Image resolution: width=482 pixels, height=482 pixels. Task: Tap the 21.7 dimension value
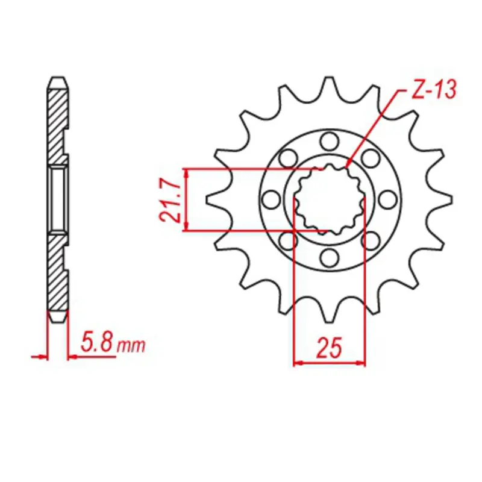click(x=171, y=199)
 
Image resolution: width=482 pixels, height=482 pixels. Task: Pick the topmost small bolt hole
click(x=329, y=142)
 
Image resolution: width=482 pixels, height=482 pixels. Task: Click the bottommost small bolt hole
click(x=329, y=258)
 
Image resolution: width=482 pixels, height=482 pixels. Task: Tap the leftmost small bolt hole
click(x=271, y=199)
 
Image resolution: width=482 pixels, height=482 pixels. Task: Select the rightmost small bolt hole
click(x=387, y=199)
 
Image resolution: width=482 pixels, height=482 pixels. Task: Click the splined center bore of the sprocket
click(x=329, y=199)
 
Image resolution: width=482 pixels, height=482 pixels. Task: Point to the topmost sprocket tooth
click(x=329, y=84)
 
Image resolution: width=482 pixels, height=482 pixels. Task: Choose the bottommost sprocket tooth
click(x=329, y=315)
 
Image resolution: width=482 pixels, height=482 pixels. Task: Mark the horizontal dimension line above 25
click(x=329, y=363)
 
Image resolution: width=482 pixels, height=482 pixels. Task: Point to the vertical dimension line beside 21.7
click(x=187, y=199)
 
